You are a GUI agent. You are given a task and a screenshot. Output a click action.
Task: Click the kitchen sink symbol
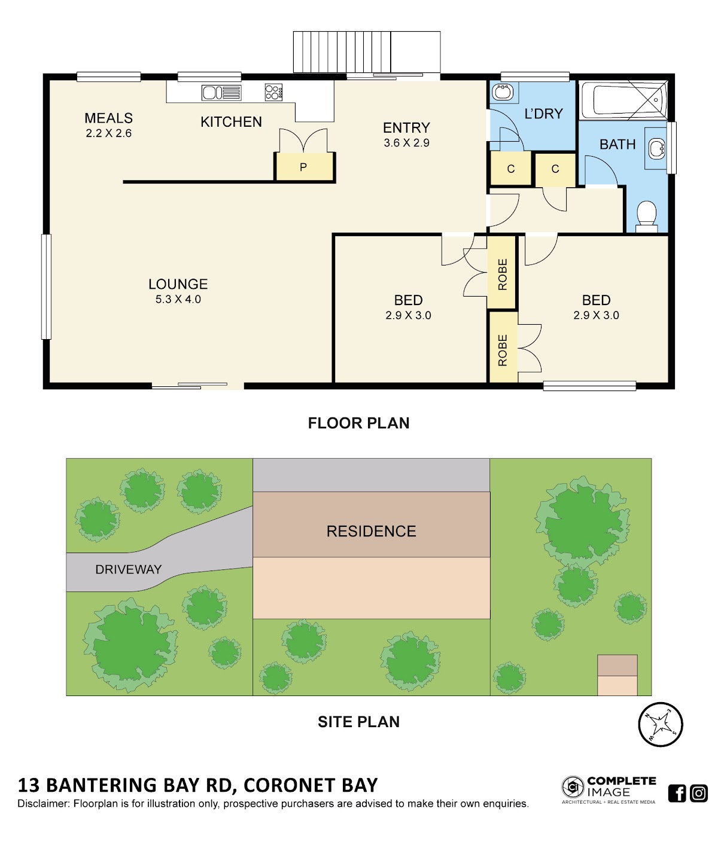click(x=221, y=93)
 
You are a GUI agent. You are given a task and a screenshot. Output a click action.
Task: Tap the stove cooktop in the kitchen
click(x=273, y=92)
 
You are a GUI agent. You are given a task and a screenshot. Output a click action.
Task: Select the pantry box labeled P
click(x=305, y=167)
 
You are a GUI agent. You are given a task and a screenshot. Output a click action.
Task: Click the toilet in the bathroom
click(x=646, y=216)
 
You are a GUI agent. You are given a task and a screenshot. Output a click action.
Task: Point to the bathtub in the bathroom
click(x=623, y=100)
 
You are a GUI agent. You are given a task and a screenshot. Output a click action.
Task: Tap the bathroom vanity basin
click(x=656, y=148)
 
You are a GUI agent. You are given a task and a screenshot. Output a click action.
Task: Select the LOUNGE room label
click(x=178, y=284)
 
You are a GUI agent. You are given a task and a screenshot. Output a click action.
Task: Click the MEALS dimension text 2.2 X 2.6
click(x=109, y=133)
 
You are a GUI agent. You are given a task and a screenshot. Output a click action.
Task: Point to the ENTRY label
click(x=406, y=128)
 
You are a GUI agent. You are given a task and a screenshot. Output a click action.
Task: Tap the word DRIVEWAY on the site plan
click(x=129, y=569)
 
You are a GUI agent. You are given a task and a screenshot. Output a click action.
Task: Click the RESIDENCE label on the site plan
click(x=371, y=531)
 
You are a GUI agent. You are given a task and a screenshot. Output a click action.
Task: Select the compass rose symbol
click(x=660, y=724)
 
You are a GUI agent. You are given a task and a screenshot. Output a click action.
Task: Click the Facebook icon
click(x=677, y=793)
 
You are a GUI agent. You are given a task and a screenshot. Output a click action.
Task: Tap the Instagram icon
click(x=699, y=793)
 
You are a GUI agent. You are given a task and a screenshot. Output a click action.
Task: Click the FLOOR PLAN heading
click(x=358, y=423)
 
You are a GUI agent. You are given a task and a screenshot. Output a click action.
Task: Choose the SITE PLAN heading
click(x=358, y=722)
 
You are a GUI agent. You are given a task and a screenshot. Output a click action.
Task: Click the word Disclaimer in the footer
click(x=43, y=804)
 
